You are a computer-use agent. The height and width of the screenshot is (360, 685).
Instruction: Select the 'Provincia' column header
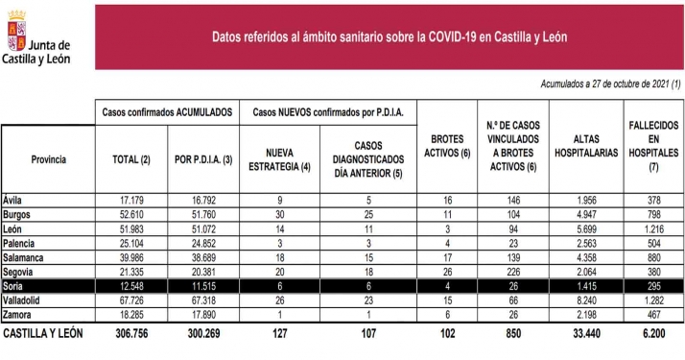[x=48, y=158]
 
